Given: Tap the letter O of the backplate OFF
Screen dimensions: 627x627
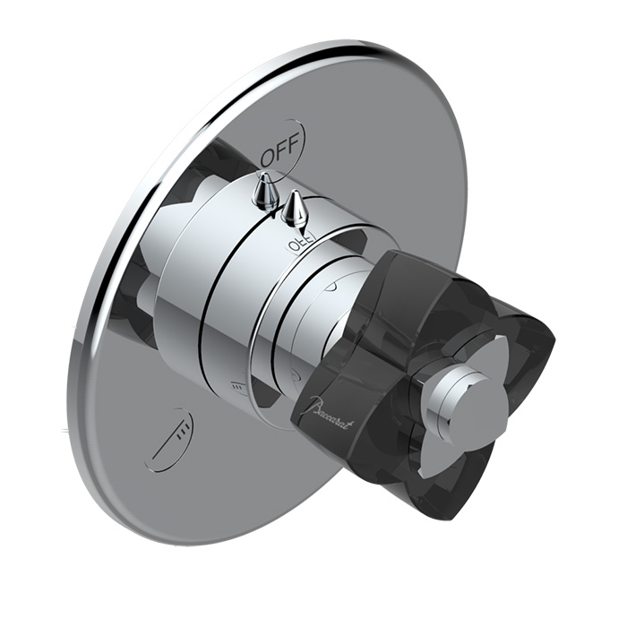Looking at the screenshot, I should click(268, 157).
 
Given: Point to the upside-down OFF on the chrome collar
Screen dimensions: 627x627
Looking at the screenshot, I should click(298, 242).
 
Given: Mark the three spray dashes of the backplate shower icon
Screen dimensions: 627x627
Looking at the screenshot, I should click(182, 431).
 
